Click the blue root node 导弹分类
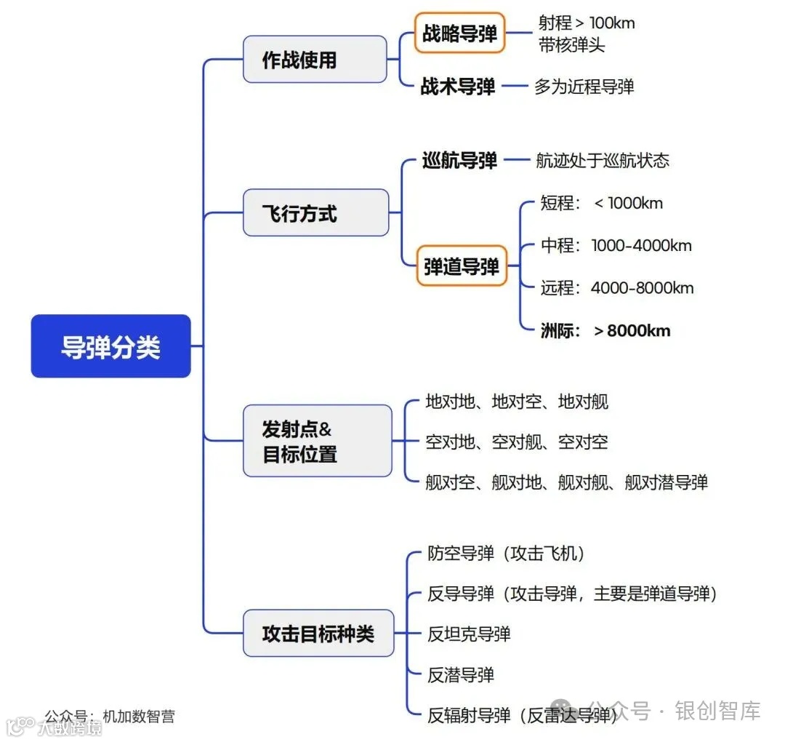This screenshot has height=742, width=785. click(x=110, y=346)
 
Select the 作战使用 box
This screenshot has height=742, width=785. click(x=315, y=60)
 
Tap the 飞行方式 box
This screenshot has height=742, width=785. click(x=315, y=213)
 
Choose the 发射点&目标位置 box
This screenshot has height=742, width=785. click(x=317, y=442)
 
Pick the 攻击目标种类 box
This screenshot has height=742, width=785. click(x=318, y=634)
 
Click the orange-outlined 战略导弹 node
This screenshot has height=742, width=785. click(x=460, y=33)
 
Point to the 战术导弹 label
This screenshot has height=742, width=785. click(x=458, y=87)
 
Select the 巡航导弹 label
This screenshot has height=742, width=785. click(x=459, y=160)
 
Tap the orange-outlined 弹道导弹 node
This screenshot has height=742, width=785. click(x=462, y=266)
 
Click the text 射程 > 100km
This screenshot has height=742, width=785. click(x=587, y=23)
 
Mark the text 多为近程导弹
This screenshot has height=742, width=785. click(x=584, y=87)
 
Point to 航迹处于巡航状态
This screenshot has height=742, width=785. click(x=602, y=160)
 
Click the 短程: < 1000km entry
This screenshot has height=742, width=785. click(x=602, y=204)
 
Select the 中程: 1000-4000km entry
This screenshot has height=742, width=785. click(x=616, y=246)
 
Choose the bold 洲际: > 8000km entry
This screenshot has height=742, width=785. click(x=605, y=331)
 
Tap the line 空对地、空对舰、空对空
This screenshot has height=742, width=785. click(x=517, y=442)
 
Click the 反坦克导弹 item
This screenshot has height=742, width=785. click(x=469, y=634)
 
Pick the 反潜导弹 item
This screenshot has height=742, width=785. click(x=461, y=675)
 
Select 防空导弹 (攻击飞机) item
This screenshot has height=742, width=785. click(x=506, y=554)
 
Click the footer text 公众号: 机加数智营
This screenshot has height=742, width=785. click(x=110, y=716)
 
